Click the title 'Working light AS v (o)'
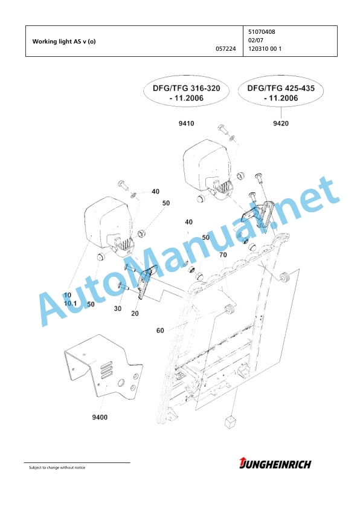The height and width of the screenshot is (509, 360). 64,42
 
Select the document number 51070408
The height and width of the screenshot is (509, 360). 262,32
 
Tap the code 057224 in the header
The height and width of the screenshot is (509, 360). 226,49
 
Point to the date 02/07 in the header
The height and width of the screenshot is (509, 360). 256,41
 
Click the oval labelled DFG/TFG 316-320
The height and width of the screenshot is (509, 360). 187,93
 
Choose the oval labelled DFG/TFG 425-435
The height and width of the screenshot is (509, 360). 281,93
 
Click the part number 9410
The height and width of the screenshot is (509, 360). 187,123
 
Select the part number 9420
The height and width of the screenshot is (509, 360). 281,123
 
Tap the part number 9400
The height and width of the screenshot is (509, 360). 100,417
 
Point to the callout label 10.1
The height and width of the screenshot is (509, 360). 71,303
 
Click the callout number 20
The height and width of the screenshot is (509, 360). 135,313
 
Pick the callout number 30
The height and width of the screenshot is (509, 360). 118,308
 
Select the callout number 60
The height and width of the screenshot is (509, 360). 160,331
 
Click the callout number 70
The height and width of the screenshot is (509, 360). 223,255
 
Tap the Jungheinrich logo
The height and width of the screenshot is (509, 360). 275,464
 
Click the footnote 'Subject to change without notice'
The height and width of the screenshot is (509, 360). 57,467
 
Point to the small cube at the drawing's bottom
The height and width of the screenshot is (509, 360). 230,422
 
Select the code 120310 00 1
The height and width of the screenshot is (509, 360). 265,49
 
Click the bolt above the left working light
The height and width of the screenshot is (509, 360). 123,185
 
